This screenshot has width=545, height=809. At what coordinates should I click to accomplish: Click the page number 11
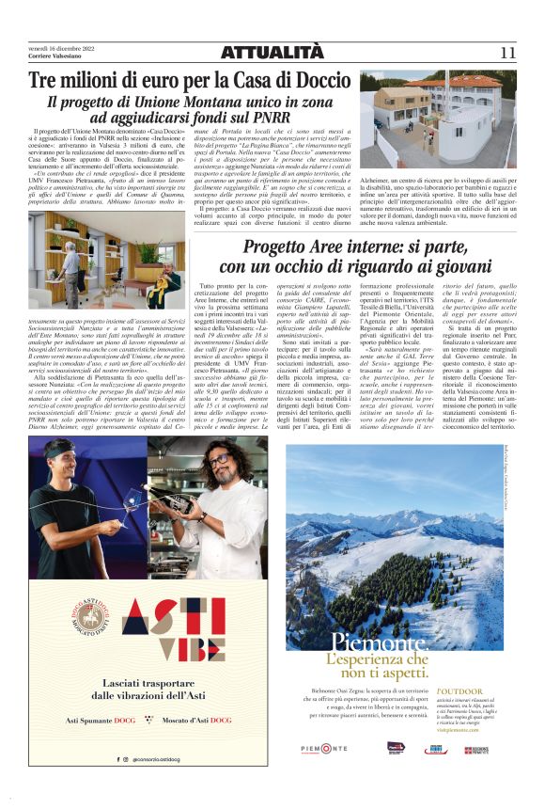(x=506, y=53)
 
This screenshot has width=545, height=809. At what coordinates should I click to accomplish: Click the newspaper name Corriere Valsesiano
(x=55, y=56)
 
